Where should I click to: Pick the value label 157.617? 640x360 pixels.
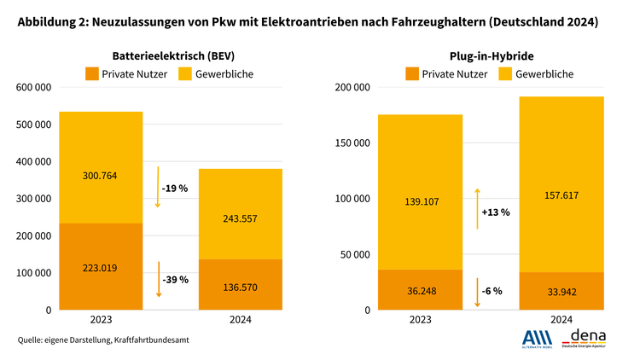[561, 195]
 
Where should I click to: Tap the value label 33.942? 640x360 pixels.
[561, 292]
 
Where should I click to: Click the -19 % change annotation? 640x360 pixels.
[174, 188]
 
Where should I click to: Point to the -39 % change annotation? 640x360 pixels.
[174, 279]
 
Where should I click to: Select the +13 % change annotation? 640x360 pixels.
[494, 212]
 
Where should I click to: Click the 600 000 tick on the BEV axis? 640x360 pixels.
[34, 87]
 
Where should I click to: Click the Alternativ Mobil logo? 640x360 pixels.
[537, 339]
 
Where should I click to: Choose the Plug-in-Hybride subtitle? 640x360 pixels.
[492, 55]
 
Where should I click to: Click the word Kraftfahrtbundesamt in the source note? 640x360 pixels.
[153, 340]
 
